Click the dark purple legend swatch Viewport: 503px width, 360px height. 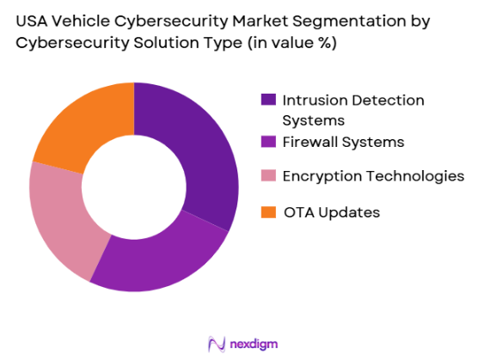pyautogui.click(x=268, y=101)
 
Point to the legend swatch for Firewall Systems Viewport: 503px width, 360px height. pyautogui.click(x=268, y=142)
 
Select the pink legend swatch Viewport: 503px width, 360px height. pyautogui.click(x=268, y=176)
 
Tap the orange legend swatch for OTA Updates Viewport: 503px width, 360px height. pyautogui.click(x=268, y=212)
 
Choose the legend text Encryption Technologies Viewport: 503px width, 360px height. pyautogui.click(x=374, y=176)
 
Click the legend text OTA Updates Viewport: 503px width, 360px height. pyautogui.click(x=331, y=212)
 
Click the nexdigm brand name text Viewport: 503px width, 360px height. pyautogui.click(x=253, y=344)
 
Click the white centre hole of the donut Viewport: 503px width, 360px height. pyautogui.click(x=133, y=186)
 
